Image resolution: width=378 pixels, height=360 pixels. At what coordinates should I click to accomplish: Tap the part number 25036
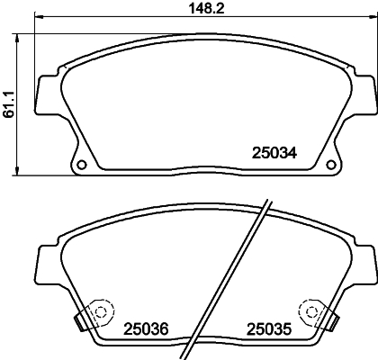click(x=147, y=329)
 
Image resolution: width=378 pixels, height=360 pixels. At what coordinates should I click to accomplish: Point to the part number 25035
click(x=269, y=329)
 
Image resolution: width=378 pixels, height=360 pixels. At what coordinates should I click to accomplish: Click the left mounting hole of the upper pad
click(x=79, y=164)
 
